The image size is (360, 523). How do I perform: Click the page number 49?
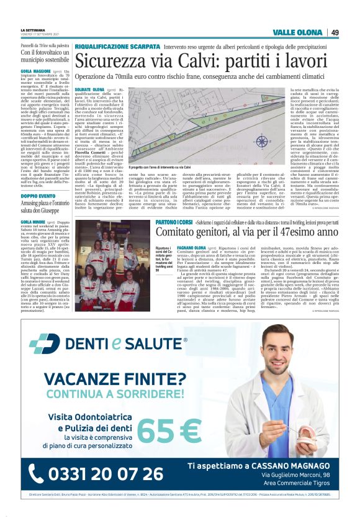pyautogui.click(x=335, y=32)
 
